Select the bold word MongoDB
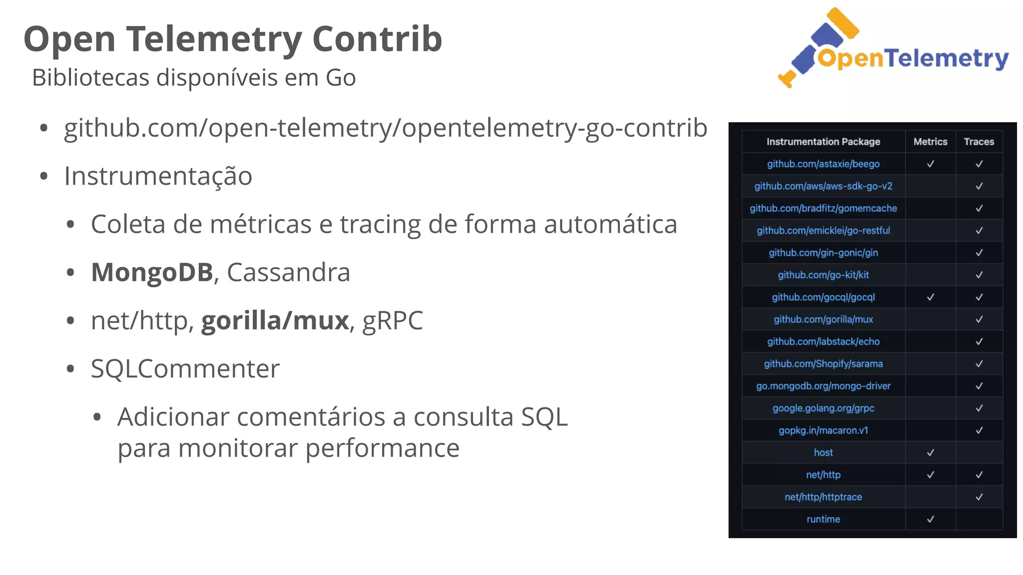pos(152,273)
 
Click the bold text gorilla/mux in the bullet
pos(275,320)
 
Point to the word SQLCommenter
pos(185,369)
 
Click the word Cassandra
pos(289,273)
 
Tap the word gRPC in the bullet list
pos(393,320)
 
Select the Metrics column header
pos(930,142)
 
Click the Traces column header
pos(979,142)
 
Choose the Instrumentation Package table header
pos(823,142)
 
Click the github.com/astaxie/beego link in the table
pos(823,164)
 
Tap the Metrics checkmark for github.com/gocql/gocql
pos(930,297)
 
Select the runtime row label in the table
pos(823,519)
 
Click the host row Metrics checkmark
pos(930,453)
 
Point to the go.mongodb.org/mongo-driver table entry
pos(823,386)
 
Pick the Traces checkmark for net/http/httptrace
pos(979,497)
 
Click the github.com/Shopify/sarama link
pos(823,364)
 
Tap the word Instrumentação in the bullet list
pos(158,176)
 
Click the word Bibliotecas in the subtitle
pos(90,78)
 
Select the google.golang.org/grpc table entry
pos(823,408)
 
